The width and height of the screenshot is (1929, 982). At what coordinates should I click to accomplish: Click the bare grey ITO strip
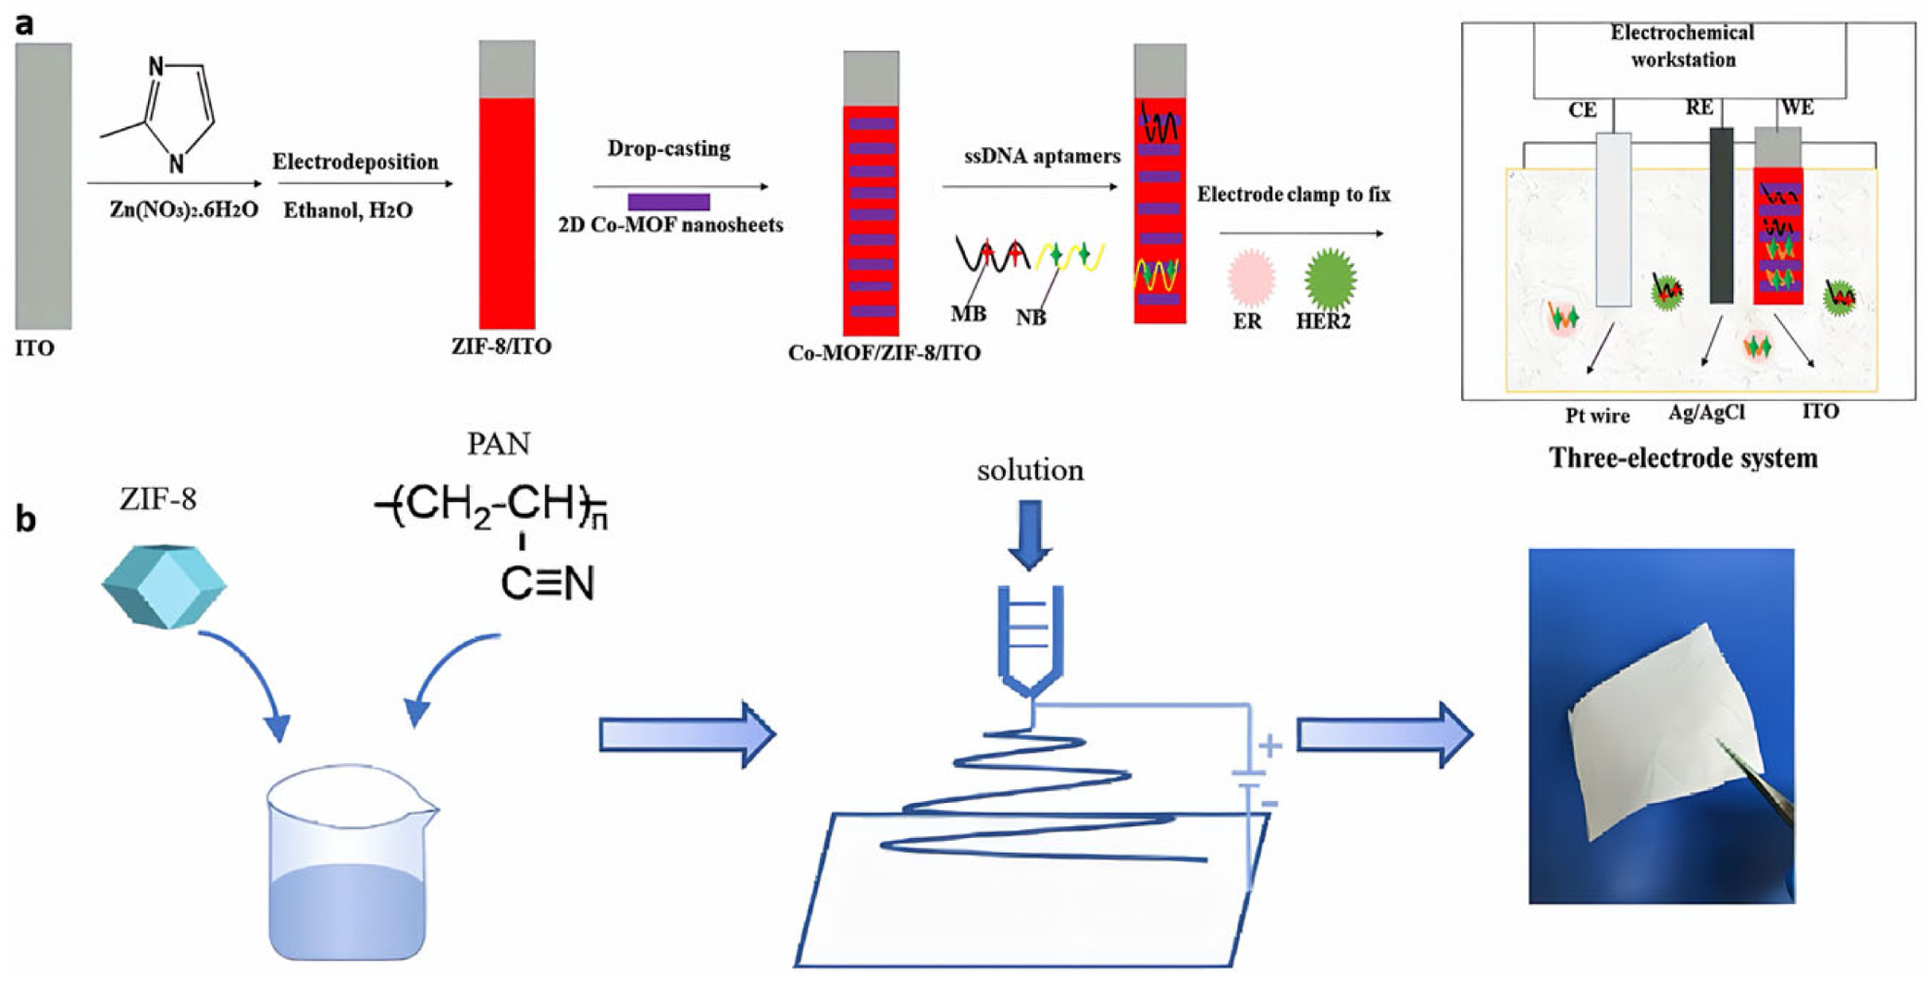(43, 185)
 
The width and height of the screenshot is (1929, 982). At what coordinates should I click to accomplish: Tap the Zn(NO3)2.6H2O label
(183, 210)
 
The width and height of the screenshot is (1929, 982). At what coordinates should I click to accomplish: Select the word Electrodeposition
(355, 162)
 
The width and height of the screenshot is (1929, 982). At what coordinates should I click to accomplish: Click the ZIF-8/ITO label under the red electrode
(501, 346)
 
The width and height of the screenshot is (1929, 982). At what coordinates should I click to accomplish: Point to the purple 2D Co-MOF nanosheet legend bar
(668, 202)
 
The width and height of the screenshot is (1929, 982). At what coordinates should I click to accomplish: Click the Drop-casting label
(668, 149)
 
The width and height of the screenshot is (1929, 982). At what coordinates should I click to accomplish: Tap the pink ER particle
(1251, 277)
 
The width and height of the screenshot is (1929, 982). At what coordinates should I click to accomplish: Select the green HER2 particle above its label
(1330, 278)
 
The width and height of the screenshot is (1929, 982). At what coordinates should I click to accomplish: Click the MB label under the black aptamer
(968, 313)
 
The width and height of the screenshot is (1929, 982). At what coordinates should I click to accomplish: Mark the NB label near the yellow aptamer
(1030, 317)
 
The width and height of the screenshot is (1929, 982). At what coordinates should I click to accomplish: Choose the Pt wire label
(1596, 416)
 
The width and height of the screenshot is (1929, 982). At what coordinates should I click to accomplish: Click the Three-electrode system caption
(1683, 458)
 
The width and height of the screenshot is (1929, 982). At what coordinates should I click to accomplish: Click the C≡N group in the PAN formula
(547, 583)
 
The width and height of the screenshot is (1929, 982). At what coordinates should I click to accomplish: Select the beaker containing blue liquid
(348, 866)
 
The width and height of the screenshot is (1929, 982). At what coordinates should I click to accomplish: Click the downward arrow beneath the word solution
(1029, 533)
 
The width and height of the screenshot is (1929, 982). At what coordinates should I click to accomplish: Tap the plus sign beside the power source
(1269, 746)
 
